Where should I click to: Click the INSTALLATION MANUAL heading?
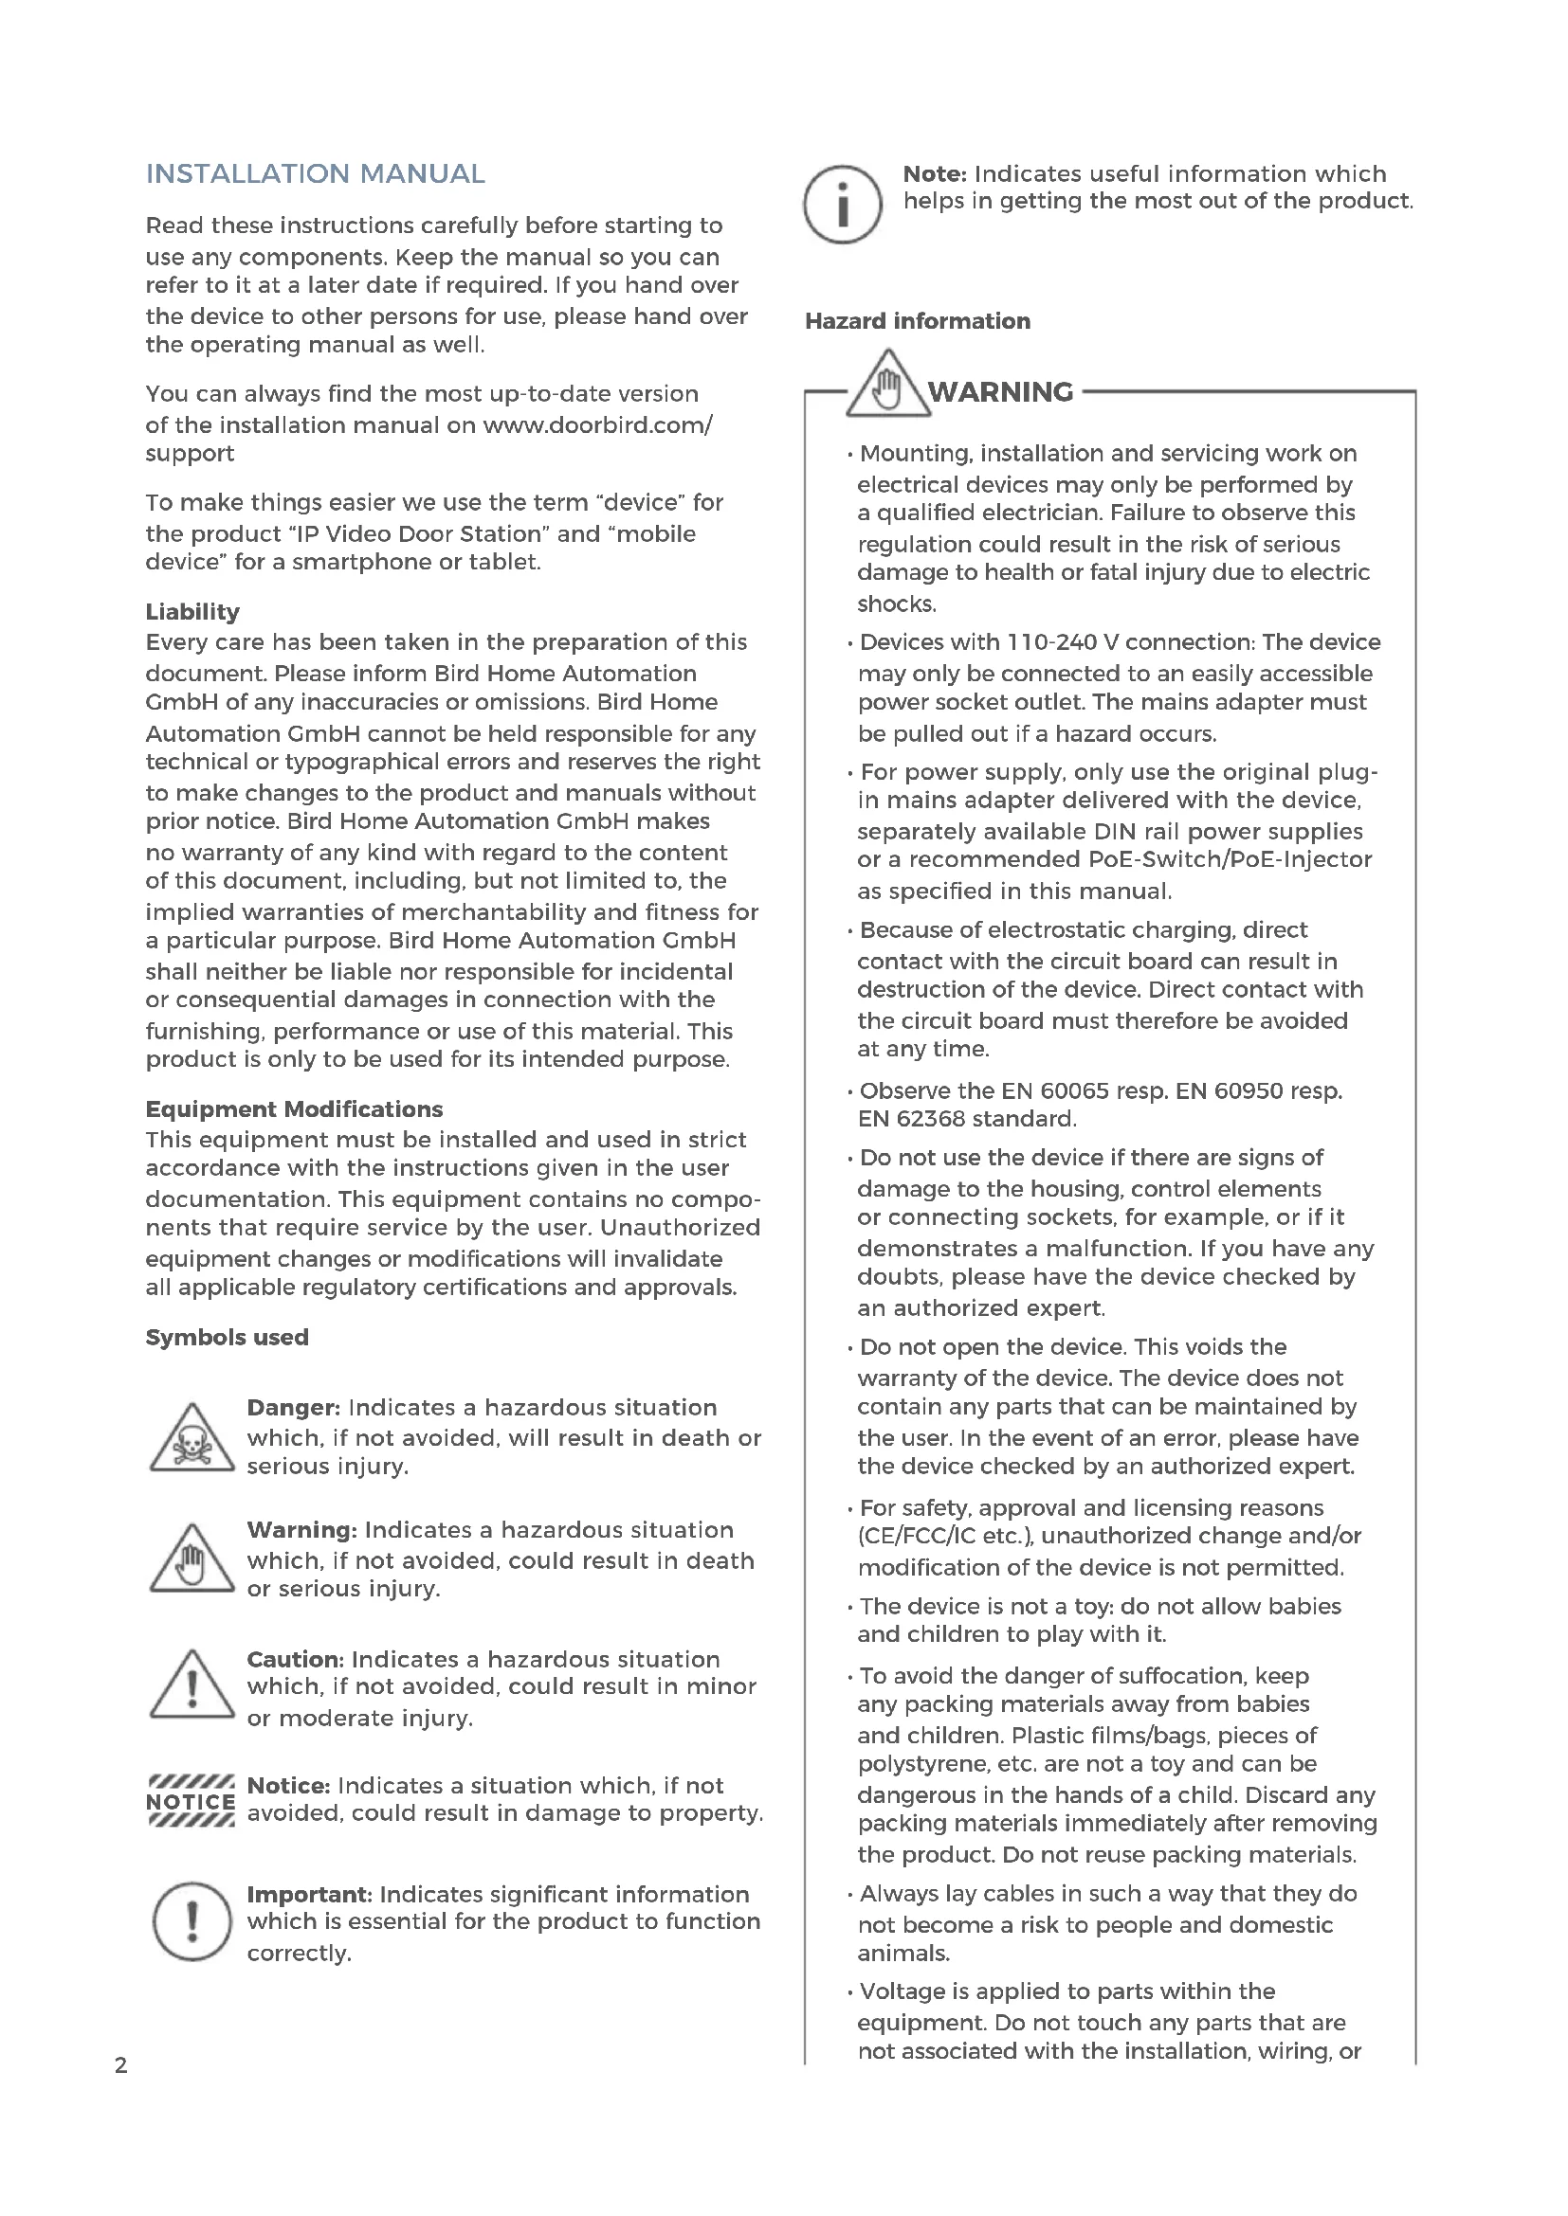click(315, 173)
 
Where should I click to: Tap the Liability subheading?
click(192, 611)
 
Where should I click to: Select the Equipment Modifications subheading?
click(294, 1109)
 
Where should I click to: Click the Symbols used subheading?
click(227, 1337)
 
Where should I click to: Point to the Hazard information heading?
click(918, 320)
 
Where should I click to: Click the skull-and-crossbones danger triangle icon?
click(192, 1439)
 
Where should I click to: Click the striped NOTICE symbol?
click(191, 1801)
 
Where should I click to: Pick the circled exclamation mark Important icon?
click(192, 1921)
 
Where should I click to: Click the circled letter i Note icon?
click(842, 205)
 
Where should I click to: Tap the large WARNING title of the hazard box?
click(1000, 392)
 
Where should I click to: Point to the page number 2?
click(120, 2065)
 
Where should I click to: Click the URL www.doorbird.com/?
click(596, 424)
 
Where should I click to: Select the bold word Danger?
click(294, 1407)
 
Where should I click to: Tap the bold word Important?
click(309, 1895)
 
